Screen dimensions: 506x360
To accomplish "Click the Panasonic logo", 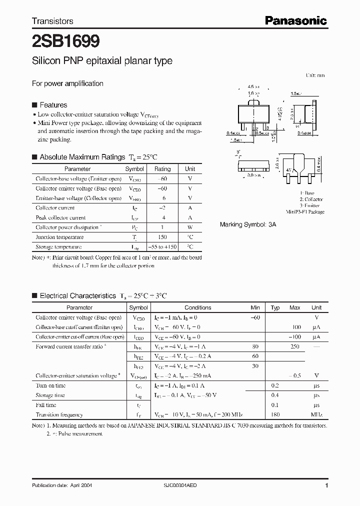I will (x=295, y=20).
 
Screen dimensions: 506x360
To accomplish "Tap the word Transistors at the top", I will (x=52, y=21).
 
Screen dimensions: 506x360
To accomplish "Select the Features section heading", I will (x=53, y=105).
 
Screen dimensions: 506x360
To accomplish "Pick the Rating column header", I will (x=162, y=169).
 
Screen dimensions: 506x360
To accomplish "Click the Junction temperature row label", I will (x=59, y=237).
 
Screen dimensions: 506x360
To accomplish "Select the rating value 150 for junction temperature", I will (x=162, y=237).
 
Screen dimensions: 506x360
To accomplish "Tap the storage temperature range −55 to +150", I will (x=162, y=247).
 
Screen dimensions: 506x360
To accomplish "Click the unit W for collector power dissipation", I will (x=190, y=227).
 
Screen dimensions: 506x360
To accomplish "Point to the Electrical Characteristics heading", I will (x=77, y=295).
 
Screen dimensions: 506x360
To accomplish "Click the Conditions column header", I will (x=198, y=307).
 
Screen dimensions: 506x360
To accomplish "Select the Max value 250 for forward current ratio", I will (x=295, y=346).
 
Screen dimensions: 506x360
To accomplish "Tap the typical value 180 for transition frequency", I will (x=275, y=414).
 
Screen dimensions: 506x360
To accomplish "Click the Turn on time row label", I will (x=50, y=385).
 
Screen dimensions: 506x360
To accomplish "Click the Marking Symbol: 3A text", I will (x=248, y=225).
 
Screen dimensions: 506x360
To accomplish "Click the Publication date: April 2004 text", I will (x=62, y=485).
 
